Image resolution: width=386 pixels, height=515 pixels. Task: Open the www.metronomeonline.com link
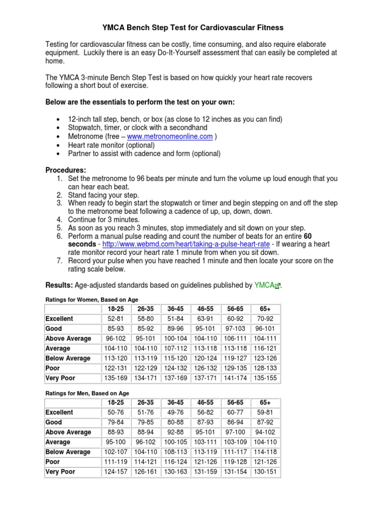pos(170,136)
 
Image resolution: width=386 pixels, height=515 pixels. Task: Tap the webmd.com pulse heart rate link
pos(186,244)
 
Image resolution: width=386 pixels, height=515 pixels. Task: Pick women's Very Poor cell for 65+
pos(265,378)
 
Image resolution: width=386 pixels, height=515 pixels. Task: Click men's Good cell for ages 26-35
pos(146,422)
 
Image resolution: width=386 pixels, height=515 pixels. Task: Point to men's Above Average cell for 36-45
pos(175,432)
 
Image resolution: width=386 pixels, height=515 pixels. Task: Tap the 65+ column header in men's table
pos(265,402)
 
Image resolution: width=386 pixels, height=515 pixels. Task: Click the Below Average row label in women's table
pos(68,358)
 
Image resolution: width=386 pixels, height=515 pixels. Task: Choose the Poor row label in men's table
pos(53,462)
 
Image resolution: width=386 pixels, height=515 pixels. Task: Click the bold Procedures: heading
pos(66,170)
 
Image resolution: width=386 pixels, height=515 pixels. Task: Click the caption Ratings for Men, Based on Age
pos(87,393)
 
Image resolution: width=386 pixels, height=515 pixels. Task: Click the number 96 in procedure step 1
pos(147,179)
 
